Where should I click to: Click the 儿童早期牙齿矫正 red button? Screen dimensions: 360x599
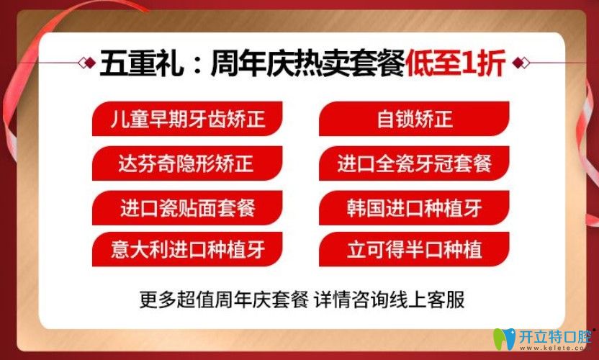[187, 119]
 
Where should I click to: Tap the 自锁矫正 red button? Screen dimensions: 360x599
[414, 119]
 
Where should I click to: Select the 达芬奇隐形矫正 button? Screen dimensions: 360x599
[187, 163]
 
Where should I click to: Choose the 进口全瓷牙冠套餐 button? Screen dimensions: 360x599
[414, 163]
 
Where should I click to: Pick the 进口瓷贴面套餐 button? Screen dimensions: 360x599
[187, 209]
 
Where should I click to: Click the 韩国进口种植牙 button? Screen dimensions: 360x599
[414, 209]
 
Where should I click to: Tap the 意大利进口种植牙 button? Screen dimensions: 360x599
[187, 250]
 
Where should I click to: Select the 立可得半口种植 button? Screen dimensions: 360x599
[414, 250]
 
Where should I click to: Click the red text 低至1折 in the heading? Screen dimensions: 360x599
[456, 63]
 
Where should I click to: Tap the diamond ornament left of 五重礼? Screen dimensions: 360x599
[91, 63]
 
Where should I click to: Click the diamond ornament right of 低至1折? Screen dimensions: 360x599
[523, 63]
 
